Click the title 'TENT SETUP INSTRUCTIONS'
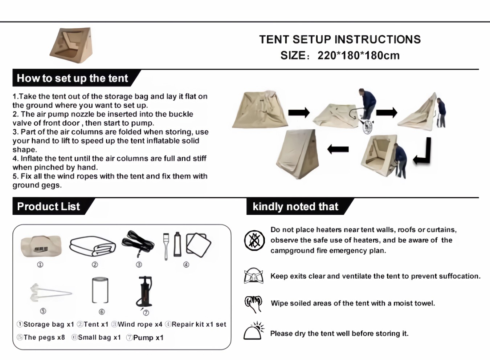(x=340, y=39)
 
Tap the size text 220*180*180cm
(x=358, y=56)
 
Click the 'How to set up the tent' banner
(x=73, y=78)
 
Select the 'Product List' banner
(x=49, y=206)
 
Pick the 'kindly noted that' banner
(x=295, y=206)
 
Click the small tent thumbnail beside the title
(x=72, y=45)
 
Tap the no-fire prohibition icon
(x=254, y=240)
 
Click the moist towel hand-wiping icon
(x=253, y=304)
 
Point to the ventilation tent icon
(x=253, y=276)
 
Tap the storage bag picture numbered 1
(x=41, y=246)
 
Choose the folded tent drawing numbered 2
(x=93, y=246)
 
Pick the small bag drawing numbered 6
(x=100, y=291)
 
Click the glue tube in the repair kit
(x=177, y=244)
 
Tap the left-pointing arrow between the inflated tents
(x=338, y=149)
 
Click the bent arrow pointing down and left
(x=423, y=152)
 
